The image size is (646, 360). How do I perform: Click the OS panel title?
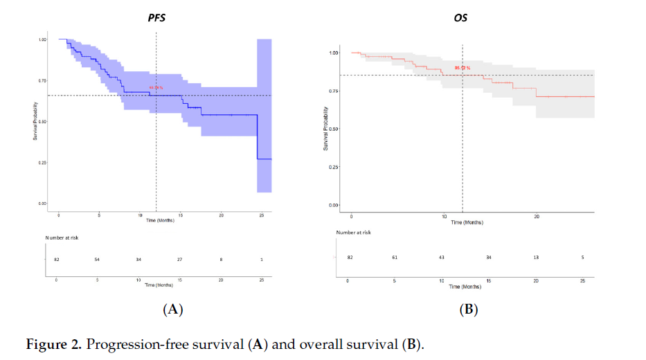tap(459, 17)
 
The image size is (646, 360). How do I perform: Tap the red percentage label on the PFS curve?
tap(156, 88)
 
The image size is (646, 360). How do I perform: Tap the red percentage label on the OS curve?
tap(463, 68)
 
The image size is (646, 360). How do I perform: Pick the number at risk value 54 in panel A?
tap(98, 259)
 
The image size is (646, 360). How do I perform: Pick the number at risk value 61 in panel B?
tap(395, 258)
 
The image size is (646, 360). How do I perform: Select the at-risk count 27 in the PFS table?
tap(180, 259)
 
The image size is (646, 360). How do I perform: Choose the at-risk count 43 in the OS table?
tap(442, 258)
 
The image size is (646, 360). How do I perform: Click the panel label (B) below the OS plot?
tap(469, 309)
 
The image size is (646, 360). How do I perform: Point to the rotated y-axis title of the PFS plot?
tap(35, 123)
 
